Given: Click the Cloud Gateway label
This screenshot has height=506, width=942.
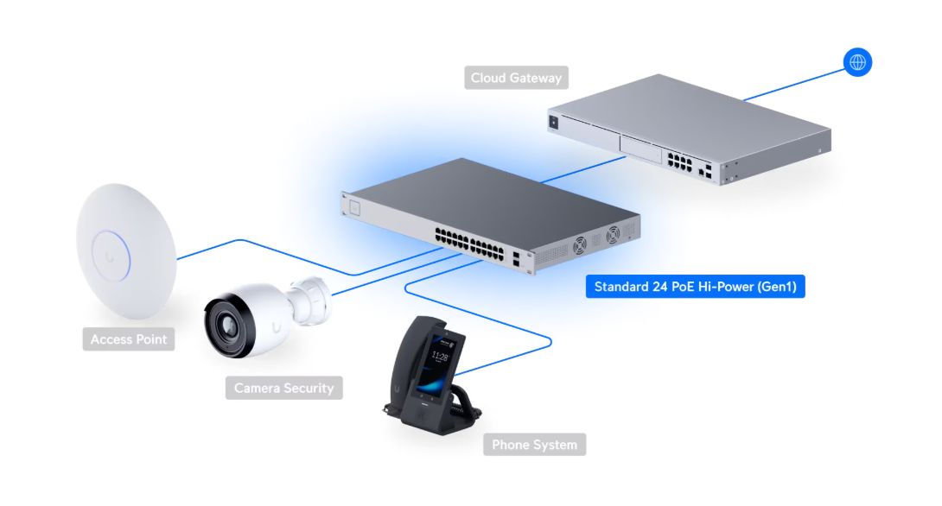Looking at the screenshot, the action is (516, 78).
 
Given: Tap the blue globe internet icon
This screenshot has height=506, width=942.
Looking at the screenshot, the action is (857, 62).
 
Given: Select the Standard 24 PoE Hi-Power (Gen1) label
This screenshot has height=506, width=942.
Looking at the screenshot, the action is (695, 287).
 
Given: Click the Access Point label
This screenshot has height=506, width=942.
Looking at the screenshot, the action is (129, 339).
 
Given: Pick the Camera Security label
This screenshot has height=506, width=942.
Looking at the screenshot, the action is (283, 388).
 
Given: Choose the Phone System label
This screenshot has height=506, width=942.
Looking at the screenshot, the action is (534, 445).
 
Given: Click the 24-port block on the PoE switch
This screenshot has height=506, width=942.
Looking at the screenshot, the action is (469, 244).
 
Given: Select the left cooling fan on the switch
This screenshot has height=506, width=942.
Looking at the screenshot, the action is (580, 245).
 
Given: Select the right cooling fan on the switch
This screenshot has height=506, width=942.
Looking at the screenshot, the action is (613, 234).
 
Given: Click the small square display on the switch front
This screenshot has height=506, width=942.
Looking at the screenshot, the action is (354, 208).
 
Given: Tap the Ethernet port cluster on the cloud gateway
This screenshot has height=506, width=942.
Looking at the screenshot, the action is (679, 162).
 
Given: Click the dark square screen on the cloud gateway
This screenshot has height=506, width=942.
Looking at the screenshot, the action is (553, 123).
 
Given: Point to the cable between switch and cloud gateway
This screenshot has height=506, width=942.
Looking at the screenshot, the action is (583, 169).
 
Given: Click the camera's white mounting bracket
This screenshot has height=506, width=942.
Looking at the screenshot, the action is (309, 300).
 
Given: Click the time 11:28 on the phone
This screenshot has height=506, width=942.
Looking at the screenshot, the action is (440, 357).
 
